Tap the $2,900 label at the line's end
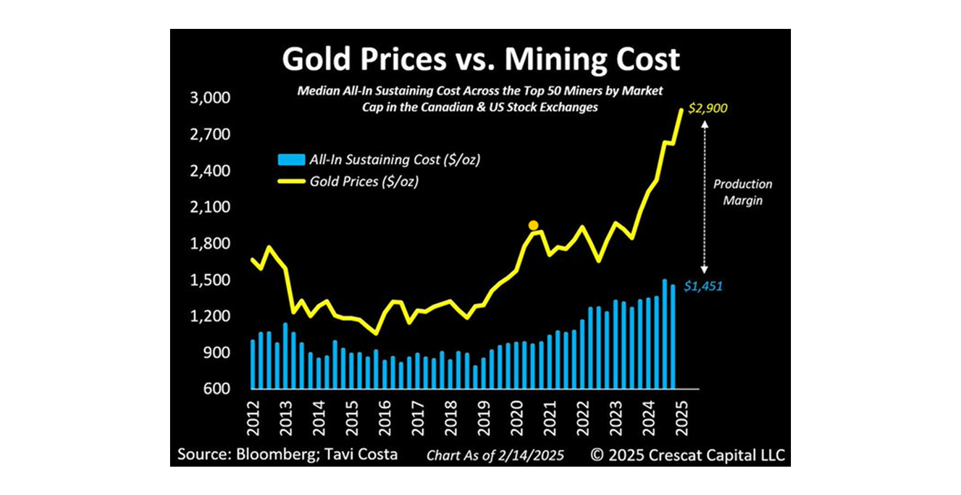tap(708, 108)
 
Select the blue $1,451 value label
tap(703, 286)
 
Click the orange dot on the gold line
tap(533, 226)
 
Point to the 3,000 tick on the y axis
tap(210, 98)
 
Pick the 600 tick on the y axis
tap(217, 389)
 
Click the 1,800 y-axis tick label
tap(210, 243)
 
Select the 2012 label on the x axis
tap(253, 419)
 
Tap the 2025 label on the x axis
tap(682, 419)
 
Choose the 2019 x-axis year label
tap(484, 419)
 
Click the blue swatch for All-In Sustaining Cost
tap(291, 160)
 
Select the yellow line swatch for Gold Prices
tap(291, 181)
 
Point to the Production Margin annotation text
tap(742, 192)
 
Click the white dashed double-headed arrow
tap(705, 198)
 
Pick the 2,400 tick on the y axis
tap(210, 171)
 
